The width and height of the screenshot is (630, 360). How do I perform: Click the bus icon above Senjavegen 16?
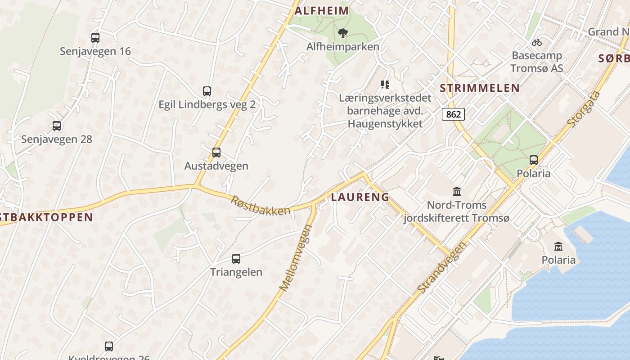[95, 38]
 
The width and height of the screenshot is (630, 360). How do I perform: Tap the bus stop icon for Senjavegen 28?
[57, 126]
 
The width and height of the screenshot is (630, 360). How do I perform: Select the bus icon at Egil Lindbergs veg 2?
[207, 91]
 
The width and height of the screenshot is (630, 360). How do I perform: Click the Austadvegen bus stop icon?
[216, 153]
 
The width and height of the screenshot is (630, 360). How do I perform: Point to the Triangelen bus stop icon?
[236, 259]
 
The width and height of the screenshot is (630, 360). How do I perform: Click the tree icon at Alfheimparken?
[343, 33]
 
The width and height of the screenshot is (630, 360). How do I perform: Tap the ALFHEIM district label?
[321, 11]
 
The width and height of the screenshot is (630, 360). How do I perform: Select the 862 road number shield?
[453, 114]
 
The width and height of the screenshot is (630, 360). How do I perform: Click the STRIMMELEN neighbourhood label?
[480, 88]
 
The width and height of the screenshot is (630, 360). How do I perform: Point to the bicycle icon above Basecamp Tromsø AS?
[536, 43]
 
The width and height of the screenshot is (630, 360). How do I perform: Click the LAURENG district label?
[360, 197]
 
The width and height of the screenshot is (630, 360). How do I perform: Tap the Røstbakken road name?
[261, 205]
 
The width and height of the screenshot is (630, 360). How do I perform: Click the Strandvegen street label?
[442, 267]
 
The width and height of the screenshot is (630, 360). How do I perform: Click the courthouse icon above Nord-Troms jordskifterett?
[457, 192]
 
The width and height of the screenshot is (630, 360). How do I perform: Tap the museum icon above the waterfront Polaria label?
[558, 246]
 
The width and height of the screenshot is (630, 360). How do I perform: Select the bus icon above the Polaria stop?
[533, 160]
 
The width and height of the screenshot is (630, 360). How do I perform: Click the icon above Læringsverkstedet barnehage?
[385, 84]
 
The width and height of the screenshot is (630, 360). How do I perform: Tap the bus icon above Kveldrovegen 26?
[109, 346]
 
